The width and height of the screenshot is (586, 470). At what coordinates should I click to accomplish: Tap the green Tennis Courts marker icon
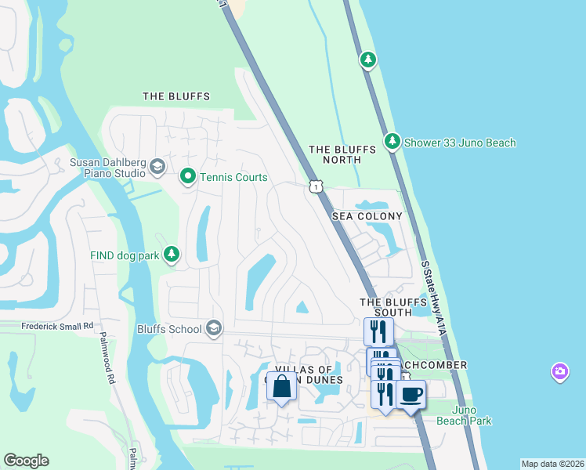click(x=187, y=177)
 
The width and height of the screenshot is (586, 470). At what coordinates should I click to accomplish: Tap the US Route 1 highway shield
click(x=315, y=186)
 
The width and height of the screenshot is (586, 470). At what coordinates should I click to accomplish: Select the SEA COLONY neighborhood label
click(x=367, y=215)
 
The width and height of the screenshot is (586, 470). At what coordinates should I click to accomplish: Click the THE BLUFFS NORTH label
click(x=335, y=154)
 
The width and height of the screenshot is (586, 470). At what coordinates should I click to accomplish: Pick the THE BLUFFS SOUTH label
click(x=385, y=306)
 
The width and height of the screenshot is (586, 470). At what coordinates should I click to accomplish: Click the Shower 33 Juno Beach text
click(x=460, y=143)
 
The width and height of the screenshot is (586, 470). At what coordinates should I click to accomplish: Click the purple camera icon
click(x=559, y=371)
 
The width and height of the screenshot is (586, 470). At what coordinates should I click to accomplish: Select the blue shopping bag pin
click(x=282, y=385)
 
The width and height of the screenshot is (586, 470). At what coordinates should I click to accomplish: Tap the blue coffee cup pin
click(x=411, y=394)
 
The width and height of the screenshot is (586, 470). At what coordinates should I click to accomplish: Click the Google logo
click(x=26, y=461)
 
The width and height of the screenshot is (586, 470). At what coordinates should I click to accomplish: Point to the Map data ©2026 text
click(x=552, y=464)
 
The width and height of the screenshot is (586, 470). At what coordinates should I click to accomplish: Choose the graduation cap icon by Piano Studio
click(x=157, y=167)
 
